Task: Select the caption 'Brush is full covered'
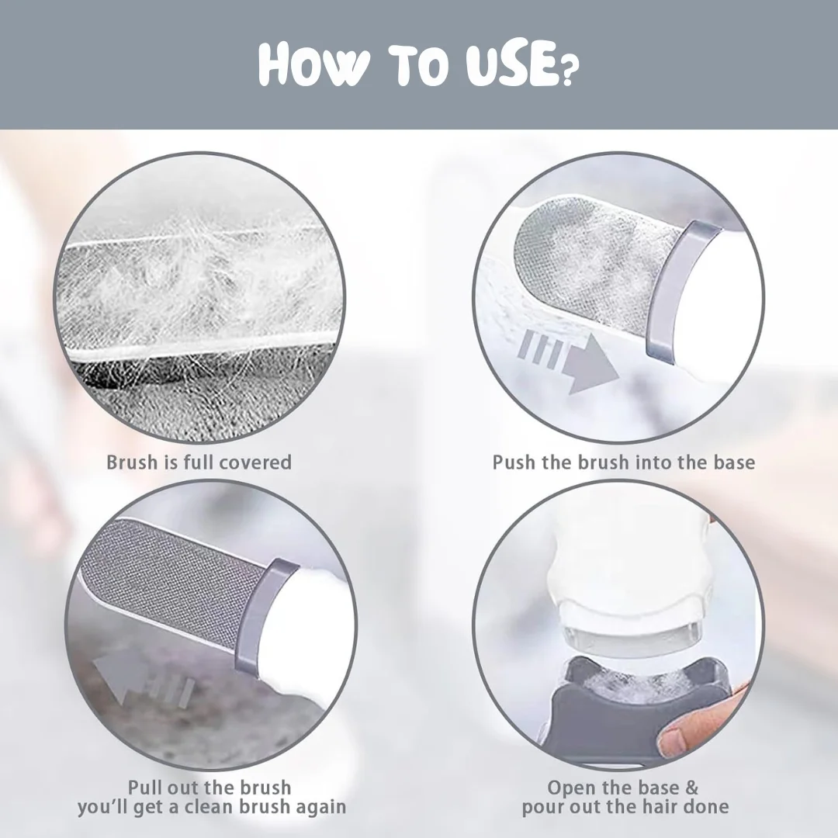coord(199,462)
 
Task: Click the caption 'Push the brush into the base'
coord(624,462)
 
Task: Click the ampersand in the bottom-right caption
coord(691,788)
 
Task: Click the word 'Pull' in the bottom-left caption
coord(144,788)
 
